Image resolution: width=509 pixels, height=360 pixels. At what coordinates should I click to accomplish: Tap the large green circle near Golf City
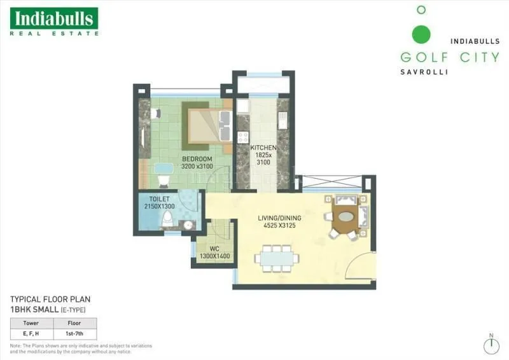421,34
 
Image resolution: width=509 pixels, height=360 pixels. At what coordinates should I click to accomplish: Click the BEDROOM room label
197,158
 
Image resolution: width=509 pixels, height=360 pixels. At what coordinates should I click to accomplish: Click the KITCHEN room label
263,148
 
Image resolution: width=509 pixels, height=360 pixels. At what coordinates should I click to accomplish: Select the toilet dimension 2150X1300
160,206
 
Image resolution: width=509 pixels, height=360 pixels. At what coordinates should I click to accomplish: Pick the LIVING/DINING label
279,218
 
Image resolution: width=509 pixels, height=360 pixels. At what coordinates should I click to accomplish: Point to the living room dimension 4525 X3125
279,226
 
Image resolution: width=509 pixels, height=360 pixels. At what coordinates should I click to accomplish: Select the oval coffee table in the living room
346,216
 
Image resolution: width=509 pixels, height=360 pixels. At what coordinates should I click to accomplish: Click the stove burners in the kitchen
242,136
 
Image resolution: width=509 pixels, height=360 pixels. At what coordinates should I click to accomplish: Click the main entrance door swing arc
365,267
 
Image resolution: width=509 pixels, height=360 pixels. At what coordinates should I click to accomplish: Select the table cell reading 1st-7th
78,333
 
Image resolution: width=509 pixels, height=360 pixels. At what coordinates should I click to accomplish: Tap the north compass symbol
491,345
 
